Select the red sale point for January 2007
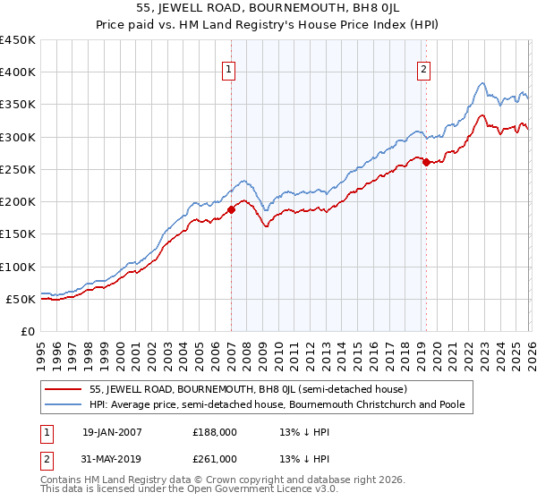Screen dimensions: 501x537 pyautogui.click(x=231, y=210)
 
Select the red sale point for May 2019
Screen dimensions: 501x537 pyautogui.click(x=426, y=162)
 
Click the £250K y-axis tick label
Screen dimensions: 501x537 pyautogui.click(x=18, y=169)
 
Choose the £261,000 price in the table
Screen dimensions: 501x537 pyautogui.click(x=215, y=458)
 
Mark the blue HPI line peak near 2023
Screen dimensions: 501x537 pyautogui.click(x=482, y=84)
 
